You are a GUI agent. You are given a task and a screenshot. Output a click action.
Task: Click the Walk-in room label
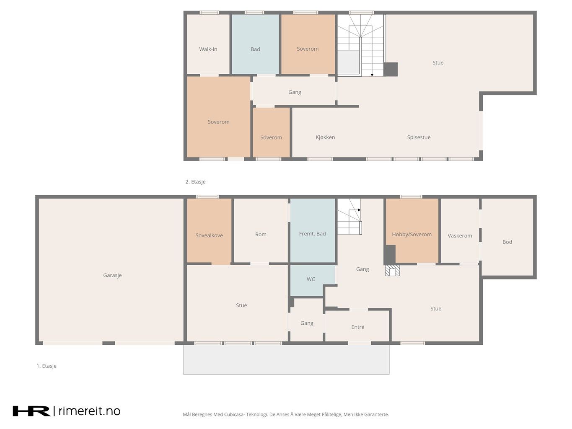(208, 49)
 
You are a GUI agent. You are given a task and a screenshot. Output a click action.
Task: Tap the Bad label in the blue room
(255, 49)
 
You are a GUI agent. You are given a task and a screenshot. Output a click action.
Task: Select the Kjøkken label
(325, 137)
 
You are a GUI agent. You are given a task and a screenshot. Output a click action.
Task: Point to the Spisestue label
(419, 137)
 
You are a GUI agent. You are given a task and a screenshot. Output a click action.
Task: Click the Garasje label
(112, 275)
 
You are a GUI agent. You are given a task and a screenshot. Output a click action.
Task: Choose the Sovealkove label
(209, 235)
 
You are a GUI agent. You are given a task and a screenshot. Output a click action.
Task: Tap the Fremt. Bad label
(312, 234)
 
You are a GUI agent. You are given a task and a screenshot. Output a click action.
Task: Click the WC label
(311, 279)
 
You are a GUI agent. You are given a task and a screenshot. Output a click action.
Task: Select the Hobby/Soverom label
(412, 235)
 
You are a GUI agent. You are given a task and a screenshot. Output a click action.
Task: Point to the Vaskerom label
(460, 236)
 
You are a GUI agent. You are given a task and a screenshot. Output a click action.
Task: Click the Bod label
(507, 242)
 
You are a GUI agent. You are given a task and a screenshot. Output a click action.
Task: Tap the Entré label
(357, 327)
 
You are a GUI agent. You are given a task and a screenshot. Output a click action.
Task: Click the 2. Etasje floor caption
(195, 182)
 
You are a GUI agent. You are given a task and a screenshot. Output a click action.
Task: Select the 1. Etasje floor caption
(47, 366)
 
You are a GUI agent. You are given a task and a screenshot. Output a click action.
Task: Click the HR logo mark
(31, 411)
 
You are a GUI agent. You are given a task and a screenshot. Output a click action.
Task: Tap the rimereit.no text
(89, 411)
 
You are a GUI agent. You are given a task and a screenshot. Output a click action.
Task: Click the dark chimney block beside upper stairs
(391, 69)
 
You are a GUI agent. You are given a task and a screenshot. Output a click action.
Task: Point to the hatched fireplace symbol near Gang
(393, 271)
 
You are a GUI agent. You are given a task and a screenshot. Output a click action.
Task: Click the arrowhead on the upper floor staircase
(372, 75)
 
